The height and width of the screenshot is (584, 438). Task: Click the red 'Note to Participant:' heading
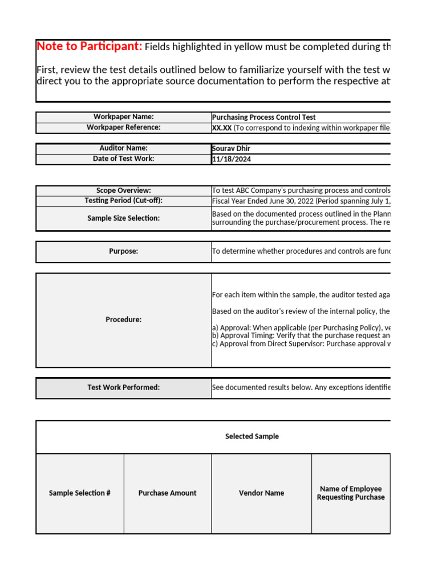[90, 47]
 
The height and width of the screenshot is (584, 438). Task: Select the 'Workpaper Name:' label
[124, 117]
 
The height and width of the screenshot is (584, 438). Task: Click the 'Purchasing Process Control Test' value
[263, 117]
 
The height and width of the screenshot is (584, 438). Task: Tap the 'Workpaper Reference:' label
[124, 127]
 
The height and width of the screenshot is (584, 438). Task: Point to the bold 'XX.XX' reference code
[222, 128]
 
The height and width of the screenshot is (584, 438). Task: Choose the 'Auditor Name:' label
[124, 148]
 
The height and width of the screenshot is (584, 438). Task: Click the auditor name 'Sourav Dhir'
[231, 149]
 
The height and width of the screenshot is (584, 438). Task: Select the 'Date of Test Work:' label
[124, 159]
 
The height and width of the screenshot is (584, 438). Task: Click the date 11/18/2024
[231, 159]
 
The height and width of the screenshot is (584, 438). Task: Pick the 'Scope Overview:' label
[124, 190]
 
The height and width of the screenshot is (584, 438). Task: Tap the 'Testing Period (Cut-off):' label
[124, 201]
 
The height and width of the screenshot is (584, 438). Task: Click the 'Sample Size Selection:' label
[124, 218]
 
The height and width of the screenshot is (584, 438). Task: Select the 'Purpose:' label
[124, 252]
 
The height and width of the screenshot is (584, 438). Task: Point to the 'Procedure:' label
[124, 320]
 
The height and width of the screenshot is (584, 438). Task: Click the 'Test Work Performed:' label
[124, 388]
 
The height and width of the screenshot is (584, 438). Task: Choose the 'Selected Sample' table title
[252, 437]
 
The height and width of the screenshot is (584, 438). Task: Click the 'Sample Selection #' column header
[80, 493]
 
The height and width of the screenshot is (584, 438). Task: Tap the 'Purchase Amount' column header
[168, 493]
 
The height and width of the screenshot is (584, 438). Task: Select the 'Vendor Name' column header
[262, 493]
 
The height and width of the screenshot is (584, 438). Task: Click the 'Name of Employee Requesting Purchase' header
[351, 493]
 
